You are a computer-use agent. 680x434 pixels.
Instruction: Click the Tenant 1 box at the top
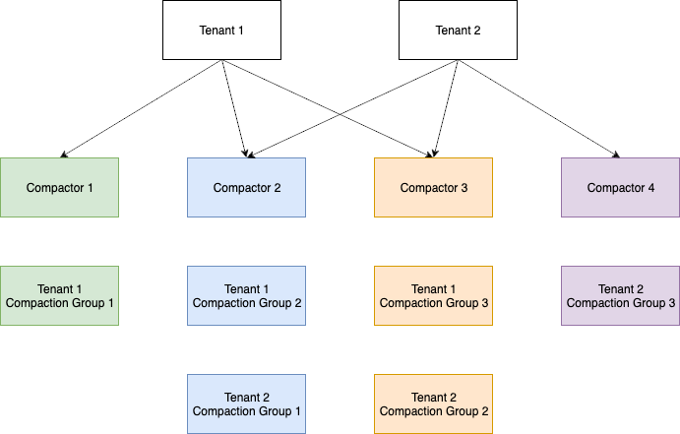pyautogui.click(x=220, y=30)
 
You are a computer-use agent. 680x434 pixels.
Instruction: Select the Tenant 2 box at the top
pyautogui.click(x=457, y=30)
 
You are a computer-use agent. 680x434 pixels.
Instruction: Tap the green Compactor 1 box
pyautogui.click(x=59, y=187)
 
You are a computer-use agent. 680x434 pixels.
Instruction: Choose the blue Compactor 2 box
pyautogui.click(x=246, y=187)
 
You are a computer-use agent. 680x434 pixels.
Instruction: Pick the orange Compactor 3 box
pyautogui.click(x=433, y=187)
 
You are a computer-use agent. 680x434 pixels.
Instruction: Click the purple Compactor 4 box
pyautogui.click(x=620, y=187)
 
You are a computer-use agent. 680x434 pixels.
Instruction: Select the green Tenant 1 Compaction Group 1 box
pyautogui.click(x=59, y=295)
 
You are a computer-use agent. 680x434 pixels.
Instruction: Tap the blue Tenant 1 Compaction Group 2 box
pyautogui.click(x=246, y=295)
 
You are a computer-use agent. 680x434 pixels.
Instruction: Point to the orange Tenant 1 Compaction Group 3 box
pyautogui.click(x=433, y=295)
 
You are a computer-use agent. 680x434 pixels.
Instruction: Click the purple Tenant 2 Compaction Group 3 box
pyautogui.click(x=620, y=295)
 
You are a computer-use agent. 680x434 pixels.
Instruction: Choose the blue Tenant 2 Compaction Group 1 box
pyautogui.click(x=246, y=403)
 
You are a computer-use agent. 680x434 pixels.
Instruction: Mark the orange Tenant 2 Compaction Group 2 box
pyautogui.click(x=433, y=403)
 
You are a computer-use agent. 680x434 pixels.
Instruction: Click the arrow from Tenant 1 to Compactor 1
pyautogui.click(x=143, y=108)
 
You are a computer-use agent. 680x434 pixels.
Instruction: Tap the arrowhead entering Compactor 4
pyautogui.click(x=616, y=155)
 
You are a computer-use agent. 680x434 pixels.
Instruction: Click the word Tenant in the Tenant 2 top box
pyautogui.click(x=452, y=30)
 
